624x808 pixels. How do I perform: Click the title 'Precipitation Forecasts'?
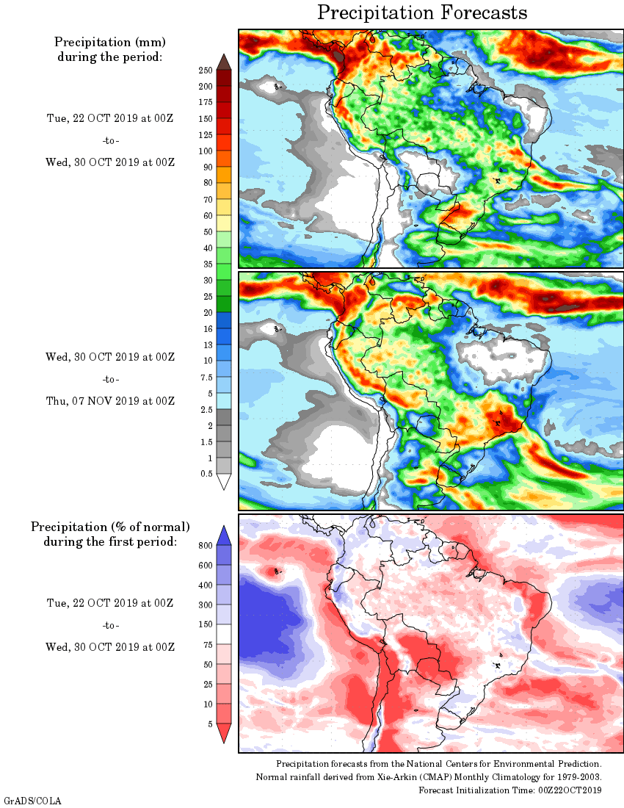pyautogui.click(x=422, y=12)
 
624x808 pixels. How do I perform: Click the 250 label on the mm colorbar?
pyautogui.click(x=205, y=70)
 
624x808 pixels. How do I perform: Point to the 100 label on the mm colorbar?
pyautogui.click(x=205, y=151)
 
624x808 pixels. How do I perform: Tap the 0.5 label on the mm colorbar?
pyautogui.click(x=206, y=474)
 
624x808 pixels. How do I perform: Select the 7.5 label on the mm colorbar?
pyautogui.click(x=206, y=377)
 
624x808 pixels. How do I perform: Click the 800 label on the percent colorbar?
pyautogui.click(x=205, y=545)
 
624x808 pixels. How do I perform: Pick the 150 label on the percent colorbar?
pyautogui.click(x=205, y=624)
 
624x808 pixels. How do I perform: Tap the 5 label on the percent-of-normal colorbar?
pyautogui.click(x=210, y=724)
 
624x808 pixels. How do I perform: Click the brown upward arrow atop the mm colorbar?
pyautogui.click(x=225, y=62)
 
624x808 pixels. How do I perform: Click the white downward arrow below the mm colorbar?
pyautogui.click(x=225, y=482)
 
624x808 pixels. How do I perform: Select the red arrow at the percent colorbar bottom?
pyautogui.click(x=225, y=732)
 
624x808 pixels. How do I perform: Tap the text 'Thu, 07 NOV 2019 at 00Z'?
pyautogui.click(x=110, y=401)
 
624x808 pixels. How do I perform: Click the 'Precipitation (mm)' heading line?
pyautogui.click(x=110, y=42)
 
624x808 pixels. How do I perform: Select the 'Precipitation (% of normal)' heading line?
pyautogui.click(x=110, y=527)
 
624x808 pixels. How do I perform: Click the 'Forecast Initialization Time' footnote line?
pyautogui.click(x=510, y=790)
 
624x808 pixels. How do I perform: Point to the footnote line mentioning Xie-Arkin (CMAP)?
pyautogui.click(x=429, y=777)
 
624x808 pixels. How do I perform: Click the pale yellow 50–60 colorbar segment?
pyautogui.click(x=225, y=223)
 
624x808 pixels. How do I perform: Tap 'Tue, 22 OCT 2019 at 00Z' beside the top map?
pyautogui.click(x=110, y=119)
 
